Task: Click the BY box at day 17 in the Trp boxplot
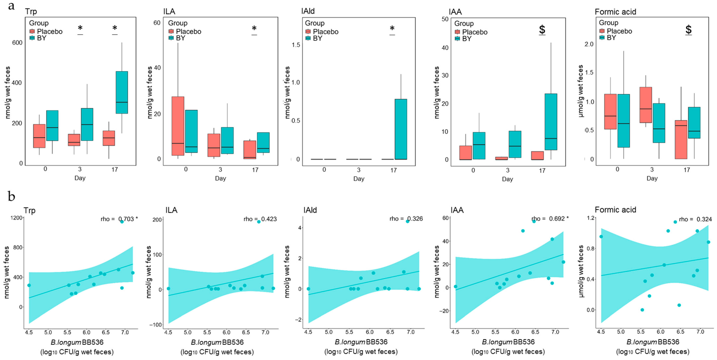click(122, 92)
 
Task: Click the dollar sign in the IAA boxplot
click(542, 29)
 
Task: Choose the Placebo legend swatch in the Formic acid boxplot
click(602, 31)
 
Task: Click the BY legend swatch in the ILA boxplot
click(171, 38)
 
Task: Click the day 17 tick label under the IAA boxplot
click(542, 170)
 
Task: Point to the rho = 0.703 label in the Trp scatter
click(119, 219)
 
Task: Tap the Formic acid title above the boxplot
click(615, 12)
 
